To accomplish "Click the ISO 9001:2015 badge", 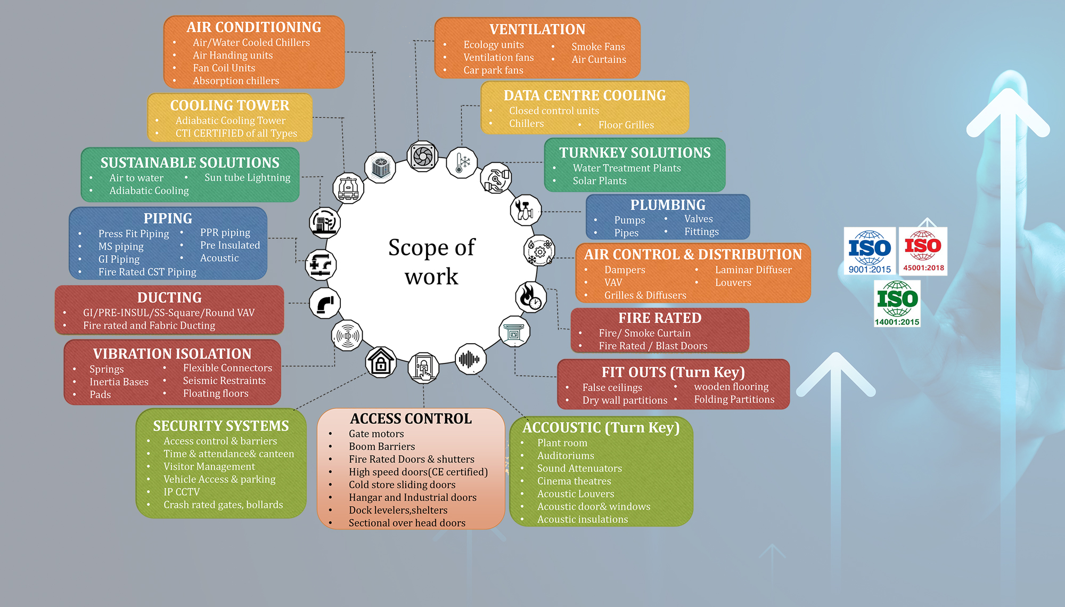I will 870,251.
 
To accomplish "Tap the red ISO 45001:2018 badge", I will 923,251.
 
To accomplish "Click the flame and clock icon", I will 530,297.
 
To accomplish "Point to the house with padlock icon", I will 381,362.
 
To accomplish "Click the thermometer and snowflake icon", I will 462,163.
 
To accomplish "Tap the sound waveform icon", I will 470,359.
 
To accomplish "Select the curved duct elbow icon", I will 325,303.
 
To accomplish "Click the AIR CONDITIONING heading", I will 253,27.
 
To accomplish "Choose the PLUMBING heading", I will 668,205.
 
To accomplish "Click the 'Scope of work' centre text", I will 431,262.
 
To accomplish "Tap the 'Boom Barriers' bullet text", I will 382,447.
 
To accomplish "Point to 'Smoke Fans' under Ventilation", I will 598,47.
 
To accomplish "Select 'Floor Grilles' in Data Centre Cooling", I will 626,125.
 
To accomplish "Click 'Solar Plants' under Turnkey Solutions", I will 600,181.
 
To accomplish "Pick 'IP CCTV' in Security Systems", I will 182,492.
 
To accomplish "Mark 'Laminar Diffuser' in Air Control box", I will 753,270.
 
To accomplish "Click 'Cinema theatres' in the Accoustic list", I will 574,481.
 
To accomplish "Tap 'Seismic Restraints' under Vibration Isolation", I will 224,381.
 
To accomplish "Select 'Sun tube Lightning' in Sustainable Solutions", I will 247,177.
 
